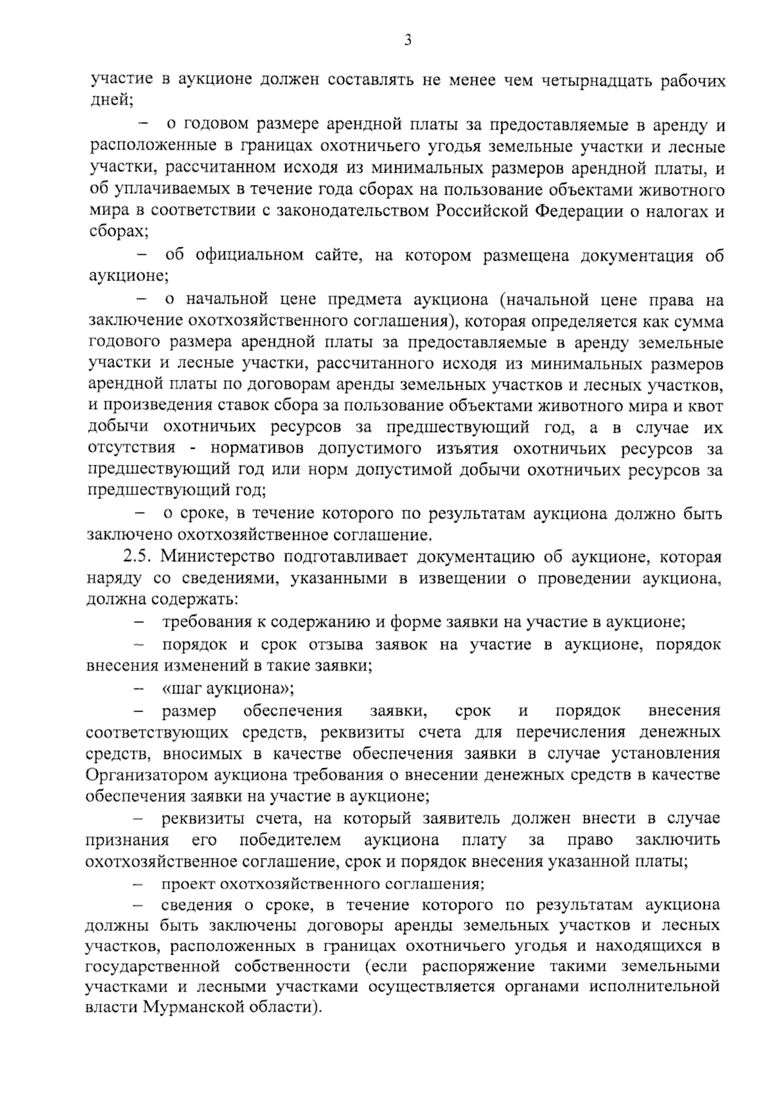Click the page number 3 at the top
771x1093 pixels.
[x=407, y=40]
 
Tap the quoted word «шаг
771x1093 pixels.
[x=180, y=689]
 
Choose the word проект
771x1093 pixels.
[x=188, y=884]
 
